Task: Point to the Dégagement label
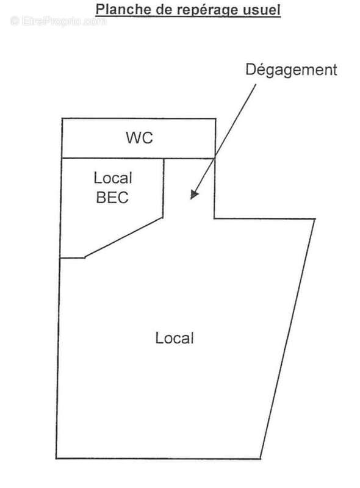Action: pos(291,70)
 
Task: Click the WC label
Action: pos(139,138)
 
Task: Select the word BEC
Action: pos(112,198)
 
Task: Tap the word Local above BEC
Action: pos(113,178)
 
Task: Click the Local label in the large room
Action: pos(175,339)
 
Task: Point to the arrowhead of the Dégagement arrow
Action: pos(193,195)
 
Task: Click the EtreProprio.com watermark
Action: pos(58,21)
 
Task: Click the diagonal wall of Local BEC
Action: pos(124,238)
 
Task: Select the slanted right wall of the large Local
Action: pos(288,339)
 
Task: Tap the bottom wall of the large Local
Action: pos(158,458)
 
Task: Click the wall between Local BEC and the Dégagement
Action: pos(163,188)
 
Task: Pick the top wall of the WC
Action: pos(139,118)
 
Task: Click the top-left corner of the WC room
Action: pos(62,118)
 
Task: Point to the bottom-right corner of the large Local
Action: pos(261,459)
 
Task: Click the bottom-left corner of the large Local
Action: pos(56,459)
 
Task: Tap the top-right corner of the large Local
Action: pos(315,219)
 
